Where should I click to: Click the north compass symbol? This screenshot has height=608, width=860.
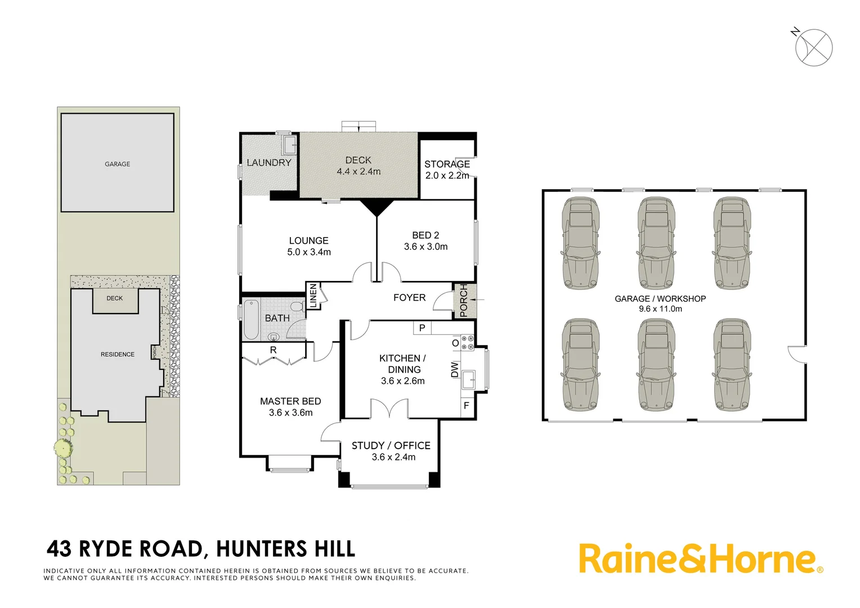[813, 47]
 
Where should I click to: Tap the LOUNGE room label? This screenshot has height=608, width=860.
[308, 240]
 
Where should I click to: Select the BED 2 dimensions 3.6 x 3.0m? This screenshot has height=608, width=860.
[425, 247]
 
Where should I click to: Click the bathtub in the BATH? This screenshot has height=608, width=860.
[251, 319]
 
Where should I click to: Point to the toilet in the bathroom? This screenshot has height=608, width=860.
[296, 307]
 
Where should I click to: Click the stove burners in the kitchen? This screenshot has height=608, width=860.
[468, 343]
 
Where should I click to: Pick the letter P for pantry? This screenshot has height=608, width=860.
[422, 328]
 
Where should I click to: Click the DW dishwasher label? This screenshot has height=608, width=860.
[455, 369]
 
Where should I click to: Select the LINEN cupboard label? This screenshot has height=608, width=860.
[313, 296]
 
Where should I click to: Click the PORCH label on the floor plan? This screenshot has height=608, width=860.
[464, 300]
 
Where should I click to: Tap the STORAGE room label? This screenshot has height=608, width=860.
[447, 164]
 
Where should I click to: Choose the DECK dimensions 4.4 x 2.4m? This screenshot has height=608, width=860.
[359, 172]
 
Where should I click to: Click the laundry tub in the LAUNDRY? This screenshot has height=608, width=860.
[290, 145]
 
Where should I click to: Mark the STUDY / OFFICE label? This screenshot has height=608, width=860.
[391, 445]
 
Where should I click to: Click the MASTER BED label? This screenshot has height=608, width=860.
[290, 401]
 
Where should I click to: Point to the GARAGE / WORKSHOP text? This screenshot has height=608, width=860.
[660, 299]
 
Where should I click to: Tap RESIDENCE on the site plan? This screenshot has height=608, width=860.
[117, 354]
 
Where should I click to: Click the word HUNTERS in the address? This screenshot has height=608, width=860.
[261, 549]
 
